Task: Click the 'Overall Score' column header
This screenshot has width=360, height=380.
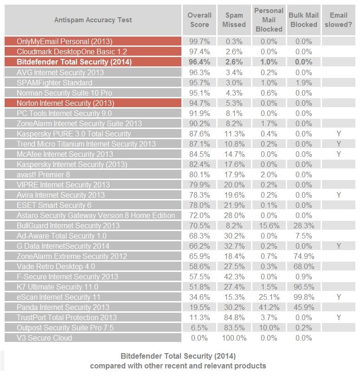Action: (199, 19)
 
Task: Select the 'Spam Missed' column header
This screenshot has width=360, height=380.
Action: (234, 19)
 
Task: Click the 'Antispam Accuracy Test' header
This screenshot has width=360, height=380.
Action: (93, 20)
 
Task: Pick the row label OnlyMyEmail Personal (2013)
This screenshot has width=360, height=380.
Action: (64, 41)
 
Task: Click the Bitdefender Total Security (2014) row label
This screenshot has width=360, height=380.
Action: (74, 62)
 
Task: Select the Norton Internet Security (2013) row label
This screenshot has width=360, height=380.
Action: (65, 103)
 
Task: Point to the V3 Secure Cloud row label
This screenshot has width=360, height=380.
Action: (45, 338)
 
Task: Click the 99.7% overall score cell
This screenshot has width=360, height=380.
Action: (199, 41)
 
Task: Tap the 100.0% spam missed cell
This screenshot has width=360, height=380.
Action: (234, 338)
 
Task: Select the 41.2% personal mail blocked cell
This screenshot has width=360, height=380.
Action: (269, 307)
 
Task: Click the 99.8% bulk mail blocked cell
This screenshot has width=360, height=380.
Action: (303, 297)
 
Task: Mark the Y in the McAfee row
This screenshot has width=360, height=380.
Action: (339, 154)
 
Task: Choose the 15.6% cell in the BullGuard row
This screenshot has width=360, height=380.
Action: (269, 225)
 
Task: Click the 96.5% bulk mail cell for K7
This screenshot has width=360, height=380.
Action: (303, 287)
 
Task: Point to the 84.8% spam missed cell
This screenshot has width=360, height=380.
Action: (234, 317)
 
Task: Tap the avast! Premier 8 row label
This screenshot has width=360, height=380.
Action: (44, 174)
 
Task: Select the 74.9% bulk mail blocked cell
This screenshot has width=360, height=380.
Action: (303, 256)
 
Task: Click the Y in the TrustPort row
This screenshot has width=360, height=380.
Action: (339, 317)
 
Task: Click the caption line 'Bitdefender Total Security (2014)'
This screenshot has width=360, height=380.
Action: (178, 356)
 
